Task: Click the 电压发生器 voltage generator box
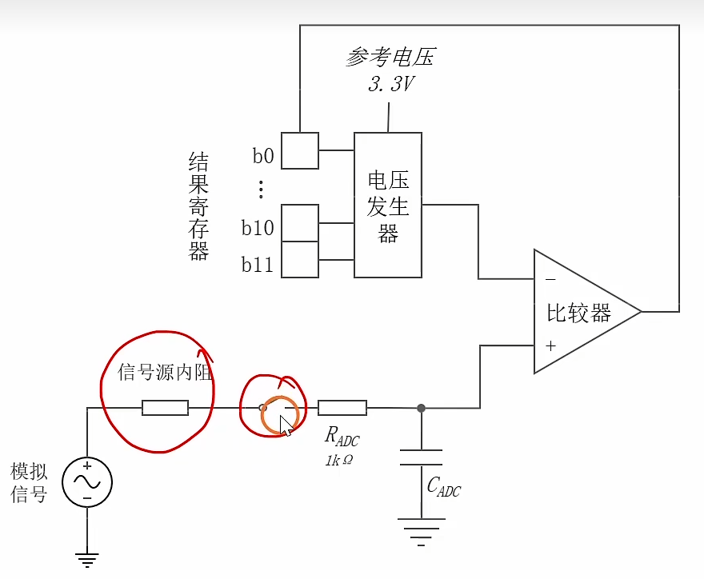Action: (x=388, y=205)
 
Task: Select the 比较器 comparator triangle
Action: (x=579, y=312)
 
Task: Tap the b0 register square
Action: (x=300, y=150)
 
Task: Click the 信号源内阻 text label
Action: (x=166, y=372)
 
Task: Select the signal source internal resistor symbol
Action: (x=166, y=408)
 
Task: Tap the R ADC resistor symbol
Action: (x=342, y=408)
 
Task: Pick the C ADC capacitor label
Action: (x=443, y=485)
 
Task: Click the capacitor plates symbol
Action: (x=422, y=457)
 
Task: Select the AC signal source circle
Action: (x=87, y=482)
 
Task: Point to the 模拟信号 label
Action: (x=29, y=482)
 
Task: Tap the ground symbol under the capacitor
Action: (x=422, y=529)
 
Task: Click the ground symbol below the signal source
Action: (x=87, y=561)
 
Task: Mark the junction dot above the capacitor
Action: (x=422, y=408)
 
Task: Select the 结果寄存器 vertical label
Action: (x=198, y=207)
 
